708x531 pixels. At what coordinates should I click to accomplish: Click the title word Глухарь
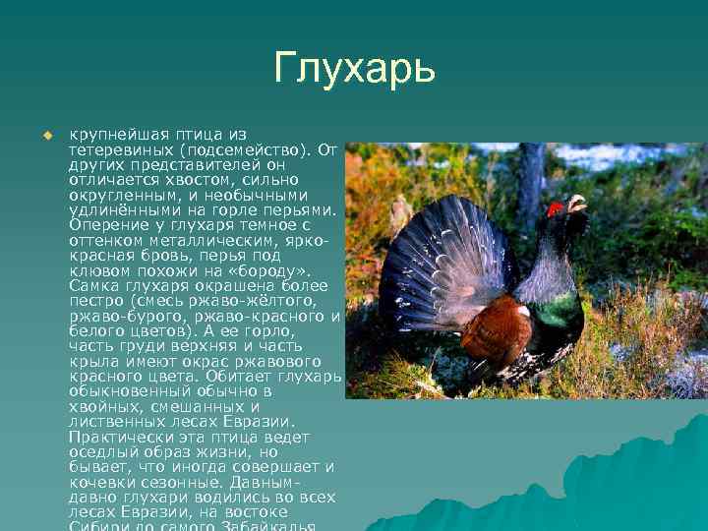pos(354,69)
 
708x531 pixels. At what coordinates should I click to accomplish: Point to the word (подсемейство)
pos(246,149)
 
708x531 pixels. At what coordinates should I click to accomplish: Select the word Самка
pos(94,286)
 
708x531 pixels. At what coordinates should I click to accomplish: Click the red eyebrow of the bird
pos(555,207)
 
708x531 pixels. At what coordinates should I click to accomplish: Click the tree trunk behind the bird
pos(531,177)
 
